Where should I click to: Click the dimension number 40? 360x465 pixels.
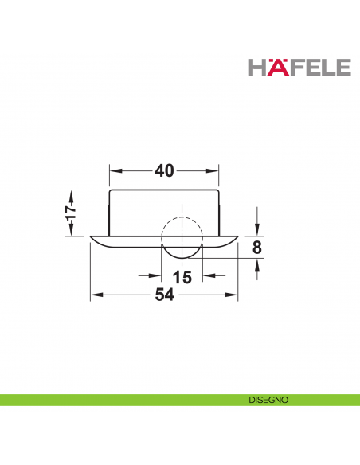coord(165,171)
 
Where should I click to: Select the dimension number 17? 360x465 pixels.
coord(70,213)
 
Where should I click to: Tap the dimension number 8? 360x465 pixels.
coord(256,247)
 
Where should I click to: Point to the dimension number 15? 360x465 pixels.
coord(182,277)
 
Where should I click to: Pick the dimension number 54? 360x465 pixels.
coord(165,295)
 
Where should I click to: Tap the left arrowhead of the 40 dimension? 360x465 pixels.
coord(114,171)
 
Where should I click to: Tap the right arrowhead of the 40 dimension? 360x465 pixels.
coord(215,171)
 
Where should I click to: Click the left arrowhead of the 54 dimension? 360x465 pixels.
coord(96,295)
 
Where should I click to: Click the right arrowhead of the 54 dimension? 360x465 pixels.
coord(233,295)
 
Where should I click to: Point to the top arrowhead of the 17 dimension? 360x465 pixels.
coord(70,194)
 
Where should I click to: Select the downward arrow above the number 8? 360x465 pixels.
coord(256,230)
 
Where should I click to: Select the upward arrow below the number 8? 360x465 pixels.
coord(256,264)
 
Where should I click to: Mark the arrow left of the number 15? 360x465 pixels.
coord(156,277)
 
